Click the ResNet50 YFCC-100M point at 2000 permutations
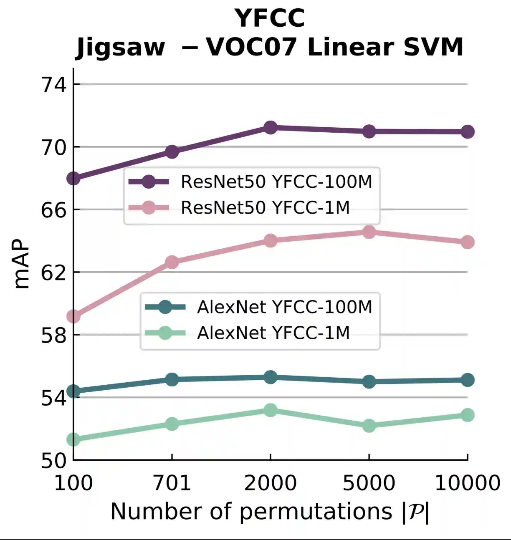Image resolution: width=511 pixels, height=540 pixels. click(x=271, y=128)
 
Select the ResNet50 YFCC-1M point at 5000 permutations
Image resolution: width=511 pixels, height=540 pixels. click(x=369, y=232)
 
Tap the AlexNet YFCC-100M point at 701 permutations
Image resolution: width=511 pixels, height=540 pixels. click(x=172, y=379)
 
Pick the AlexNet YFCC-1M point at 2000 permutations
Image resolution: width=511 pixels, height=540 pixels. click(x=271, y=410)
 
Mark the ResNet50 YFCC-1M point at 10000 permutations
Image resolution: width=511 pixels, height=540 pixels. click(x=468, y=242)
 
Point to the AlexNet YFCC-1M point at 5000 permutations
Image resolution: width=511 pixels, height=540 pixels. click(x=369, y=426)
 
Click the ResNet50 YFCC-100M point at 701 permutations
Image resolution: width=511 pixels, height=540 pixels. click(x=172, y=151)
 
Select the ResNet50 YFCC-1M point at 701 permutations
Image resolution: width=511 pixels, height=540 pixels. click(x=172, y=262)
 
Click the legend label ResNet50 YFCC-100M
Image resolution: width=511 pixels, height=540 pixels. click(x=276, y=182)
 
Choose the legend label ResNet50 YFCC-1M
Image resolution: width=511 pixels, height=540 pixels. click(x=265, y=207)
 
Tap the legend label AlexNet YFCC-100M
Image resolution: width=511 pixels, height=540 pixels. click(x=284, y=307)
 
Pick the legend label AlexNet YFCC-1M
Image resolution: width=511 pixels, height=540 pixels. click(x=273, y=333)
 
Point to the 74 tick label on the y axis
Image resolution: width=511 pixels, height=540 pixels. click(x=54, y=85)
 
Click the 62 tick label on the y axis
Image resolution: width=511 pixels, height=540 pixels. click(x=54, y=273)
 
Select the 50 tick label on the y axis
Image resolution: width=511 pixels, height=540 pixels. click(x=54, y=461)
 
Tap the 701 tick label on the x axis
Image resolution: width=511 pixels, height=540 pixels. click(x=172, y=483)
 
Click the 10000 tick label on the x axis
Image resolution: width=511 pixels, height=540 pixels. click(x=468, y=483)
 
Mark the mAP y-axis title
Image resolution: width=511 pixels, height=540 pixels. click(x=22, y=264)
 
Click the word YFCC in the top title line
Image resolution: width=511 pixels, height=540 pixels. click(x=270, y=18)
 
